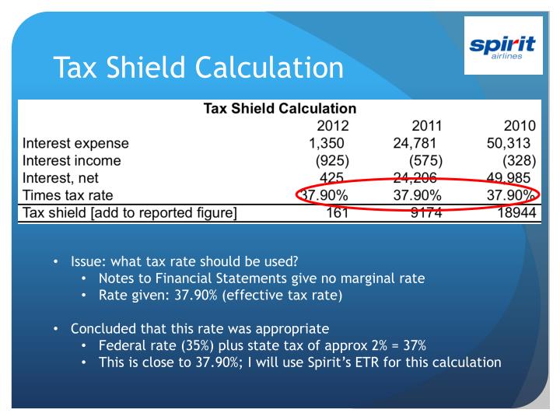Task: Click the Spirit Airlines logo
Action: coord(502,46)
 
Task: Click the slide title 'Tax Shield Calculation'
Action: coord(198,68)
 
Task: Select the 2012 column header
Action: coord(332,126)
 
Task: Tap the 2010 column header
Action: coord(520,126)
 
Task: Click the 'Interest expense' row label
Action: coord(76,143)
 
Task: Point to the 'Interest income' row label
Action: coord(72,161)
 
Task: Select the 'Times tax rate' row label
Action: coord(68,194)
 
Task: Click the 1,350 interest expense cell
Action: coord(326,143)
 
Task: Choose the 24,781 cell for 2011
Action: coord(415,143)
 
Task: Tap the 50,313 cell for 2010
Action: coord(508,143)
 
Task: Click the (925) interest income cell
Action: coord(332,161)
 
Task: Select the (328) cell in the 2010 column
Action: coord(520,161)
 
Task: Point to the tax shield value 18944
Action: coord(517,212)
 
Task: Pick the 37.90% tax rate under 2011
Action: coord(418,194)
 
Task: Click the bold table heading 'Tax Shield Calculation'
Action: coord(279,109)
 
